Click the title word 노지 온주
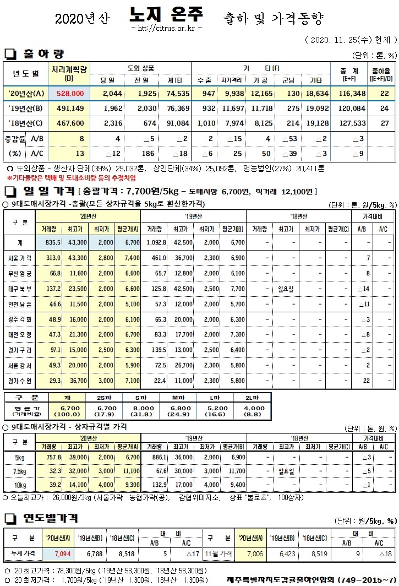[x=167, y=15]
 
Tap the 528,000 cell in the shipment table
[x=69, y=94]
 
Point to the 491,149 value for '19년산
[x=69, y=108]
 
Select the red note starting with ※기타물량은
[x=72, y=178]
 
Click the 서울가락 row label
[x=20, y=258]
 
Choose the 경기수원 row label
[x=20, y=381]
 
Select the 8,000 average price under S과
[x=140, y=408]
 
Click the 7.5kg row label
[x=20, y=471]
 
